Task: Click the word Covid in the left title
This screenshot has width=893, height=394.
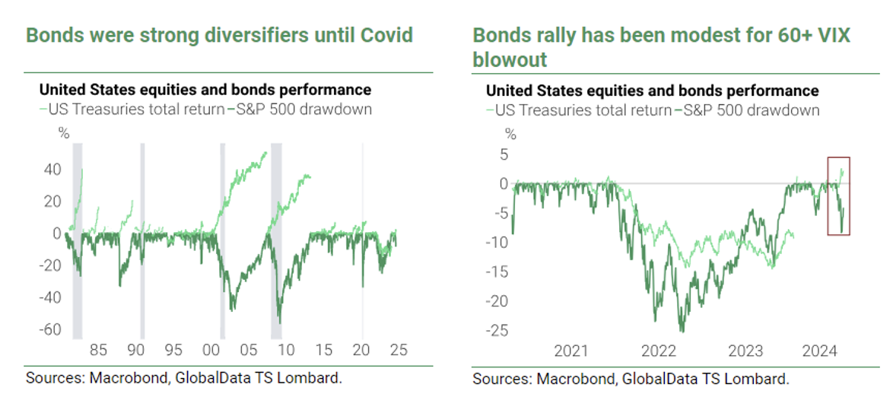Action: (386, 35)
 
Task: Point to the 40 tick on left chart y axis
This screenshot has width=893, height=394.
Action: (52, 170)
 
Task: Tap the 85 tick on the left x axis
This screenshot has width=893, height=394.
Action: (98, 351)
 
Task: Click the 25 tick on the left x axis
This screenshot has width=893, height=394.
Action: (399, 351)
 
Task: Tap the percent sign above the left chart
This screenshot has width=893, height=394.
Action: (64, 134)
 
